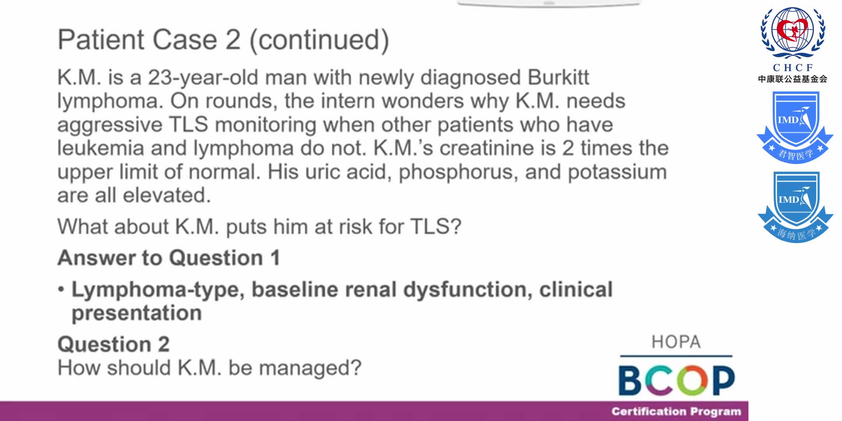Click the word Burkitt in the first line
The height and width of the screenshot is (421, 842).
click(558, 77)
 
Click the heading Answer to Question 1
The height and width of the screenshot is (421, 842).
click(169, 258)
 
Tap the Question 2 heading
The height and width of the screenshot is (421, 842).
click(113, 344)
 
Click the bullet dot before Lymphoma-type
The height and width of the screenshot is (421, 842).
click(61, 290)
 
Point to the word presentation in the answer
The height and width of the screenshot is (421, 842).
click(137, 313)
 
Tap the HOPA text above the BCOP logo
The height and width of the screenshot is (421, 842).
click(676, 342)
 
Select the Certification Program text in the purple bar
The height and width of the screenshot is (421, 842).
click(676, 411)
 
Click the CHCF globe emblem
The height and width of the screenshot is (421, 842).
click(793, 33)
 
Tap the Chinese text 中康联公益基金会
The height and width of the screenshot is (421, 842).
click(792, 79)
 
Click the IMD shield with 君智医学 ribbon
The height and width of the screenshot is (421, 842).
click(795, 127)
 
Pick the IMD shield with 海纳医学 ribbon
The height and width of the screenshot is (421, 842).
click(795, 207)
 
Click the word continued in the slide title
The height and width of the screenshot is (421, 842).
click(318, 40)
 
